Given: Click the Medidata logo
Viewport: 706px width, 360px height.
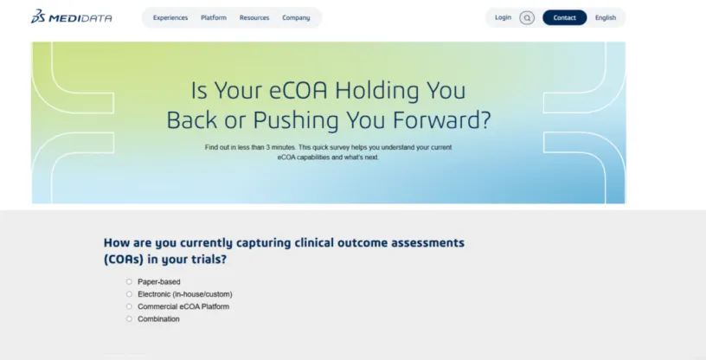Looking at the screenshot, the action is coord(72,16).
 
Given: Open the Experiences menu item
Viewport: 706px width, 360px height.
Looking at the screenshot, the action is coord(170,17).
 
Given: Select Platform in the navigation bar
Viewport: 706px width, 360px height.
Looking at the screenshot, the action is coord(214,17).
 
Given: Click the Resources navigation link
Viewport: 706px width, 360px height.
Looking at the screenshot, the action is coord(254,17).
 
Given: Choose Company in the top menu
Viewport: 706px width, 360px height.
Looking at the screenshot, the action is coord(296,17).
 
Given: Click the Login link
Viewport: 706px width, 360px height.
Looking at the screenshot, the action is coord(503,17).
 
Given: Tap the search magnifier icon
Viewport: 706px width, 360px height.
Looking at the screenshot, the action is coord(527,18).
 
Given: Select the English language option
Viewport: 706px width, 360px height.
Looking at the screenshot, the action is coord(605,17).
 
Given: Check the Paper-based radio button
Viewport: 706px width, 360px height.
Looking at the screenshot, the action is coord(129,281).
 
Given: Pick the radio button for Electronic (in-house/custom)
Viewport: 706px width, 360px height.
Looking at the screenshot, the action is coord(129,293).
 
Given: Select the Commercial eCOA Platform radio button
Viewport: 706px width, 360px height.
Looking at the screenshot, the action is coord(129,306).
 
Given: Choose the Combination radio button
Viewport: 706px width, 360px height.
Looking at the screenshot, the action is coord(129,318).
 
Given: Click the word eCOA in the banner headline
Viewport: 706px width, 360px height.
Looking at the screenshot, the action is coord(298,90).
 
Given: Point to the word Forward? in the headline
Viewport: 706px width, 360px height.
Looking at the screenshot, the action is coord(441,120).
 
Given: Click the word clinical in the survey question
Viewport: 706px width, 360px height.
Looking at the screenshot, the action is coord(314,242).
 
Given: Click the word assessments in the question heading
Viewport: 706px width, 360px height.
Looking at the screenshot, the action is coord(427,242).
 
